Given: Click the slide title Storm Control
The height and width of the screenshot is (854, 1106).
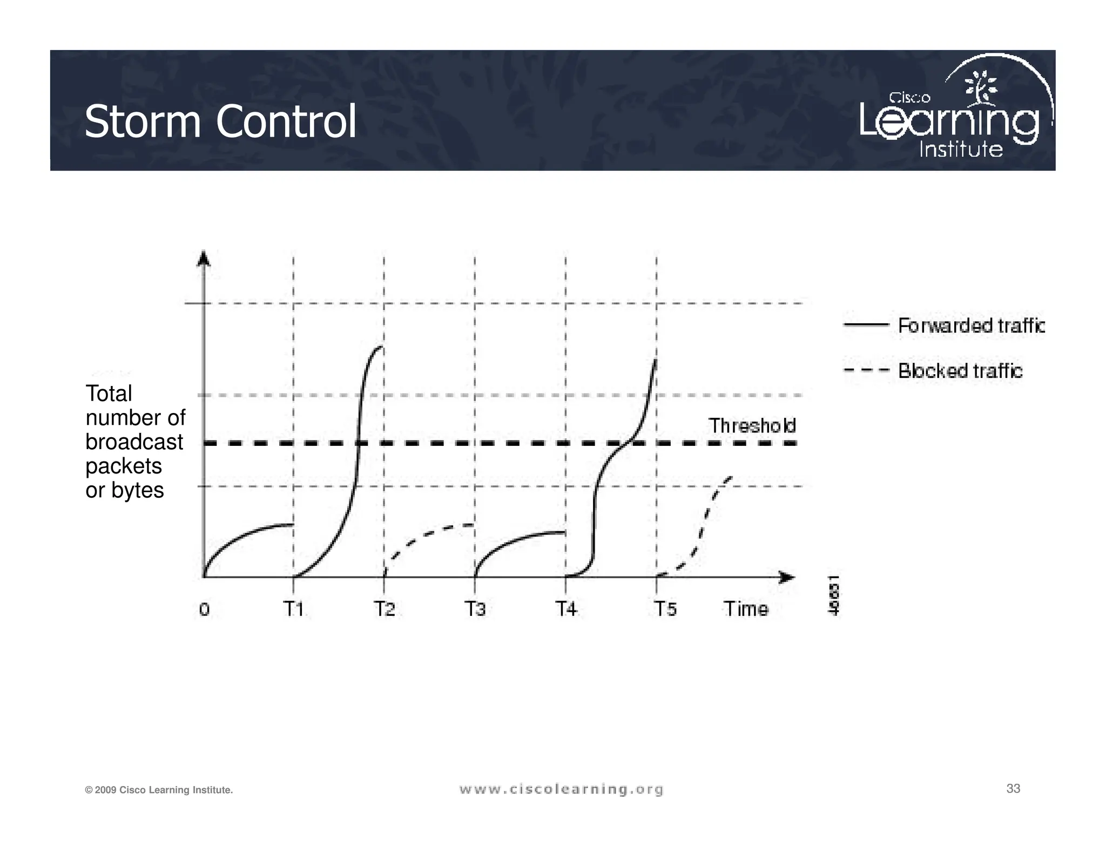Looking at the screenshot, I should click(220, 121).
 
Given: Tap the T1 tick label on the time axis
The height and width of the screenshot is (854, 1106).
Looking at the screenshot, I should click(294, 609).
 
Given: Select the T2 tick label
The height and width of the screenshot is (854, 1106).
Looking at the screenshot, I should click(385, 609).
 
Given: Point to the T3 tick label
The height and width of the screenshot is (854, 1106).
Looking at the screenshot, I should click(475, 609).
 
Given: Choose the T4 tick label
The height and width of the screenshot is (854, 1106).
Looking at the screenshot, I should click(566, 609).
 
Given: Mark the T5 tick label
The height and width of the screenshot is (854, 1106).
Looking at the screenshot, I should click(665, 609).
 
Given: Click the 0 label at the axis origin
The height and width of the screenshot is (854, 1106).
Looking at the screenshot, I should click(204, 609).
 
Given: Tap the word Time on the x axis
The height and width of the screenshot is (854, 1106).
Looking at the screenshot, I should click(746, 609).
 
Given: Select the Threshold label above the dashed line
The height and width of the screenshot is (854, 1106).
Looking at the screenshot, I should click(752, 425).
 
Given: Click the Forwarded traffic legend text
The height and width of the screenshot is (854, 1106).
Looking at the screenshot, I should click(971, 326).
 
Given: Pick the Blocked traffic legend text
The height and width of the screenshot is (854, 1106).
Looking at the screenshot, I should click(960, 371).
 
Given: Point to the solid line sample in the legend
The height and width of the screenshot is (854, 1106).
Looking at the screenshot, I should click(866, 325).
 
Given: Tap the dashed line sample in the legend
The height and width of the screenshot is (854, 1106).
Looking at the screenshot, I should click(866, 370).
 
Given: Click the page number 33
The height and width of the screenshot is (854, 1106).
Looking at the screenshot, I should click(1013, 789).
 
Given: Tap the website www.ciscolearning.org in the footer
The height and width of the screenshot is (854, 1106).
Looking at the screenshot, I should click(561, 789).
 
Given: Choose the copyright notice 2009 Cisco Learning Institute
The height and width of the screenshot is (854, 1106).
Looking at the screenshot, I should click(159, 790).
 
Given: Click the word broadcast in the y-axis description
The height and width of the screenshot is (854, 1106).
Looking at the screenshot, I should click(134, 442).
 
